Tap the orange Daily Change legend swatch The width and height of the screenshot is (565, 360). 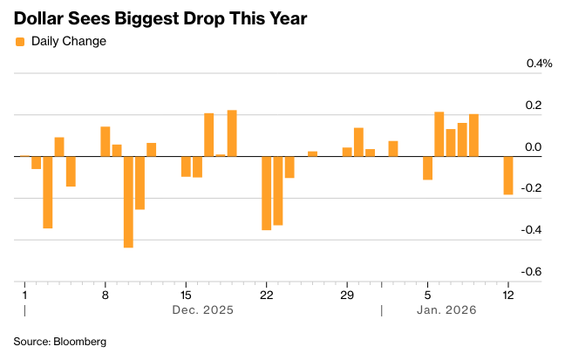tap(20, 41)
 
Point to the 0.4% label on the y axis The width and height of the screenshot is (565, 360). tap(539, 64)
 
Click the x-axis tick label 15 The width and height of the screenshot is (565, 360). tap(186, 294)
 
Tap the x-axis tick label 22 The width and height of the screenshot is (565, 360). tap(266, 294)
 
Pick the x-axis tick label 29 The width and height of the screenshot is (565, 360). tap(347, 294)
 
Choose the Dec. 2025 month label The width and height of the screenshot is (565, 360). tap(202, 309)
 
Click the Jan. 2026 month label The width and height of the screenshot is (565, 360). tap(446, 309)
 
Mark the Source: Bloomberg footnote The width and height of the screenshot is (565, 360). tap(59, 342)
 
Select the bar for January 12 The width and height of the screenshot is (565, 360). tap(508, 175)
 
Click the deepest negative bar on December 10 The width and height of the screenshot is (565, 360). tap(128, 201)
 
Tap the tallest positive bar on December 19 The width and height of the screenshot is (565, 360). tap(232, 133)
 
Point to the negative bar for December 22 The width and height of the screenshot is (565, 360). tap(267, 193)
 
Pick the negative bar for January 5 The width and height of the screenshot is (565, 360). tap(427, 167)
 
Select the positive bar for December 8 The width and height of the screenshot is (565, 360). tap(106, 141)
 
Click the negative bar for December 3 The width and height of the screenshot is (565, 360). tap(48, 192)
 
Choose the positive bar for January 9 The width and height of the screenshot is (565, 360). tap(473, 135)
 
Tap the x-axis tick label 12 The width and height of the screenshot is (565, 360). tap(508, 294)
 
